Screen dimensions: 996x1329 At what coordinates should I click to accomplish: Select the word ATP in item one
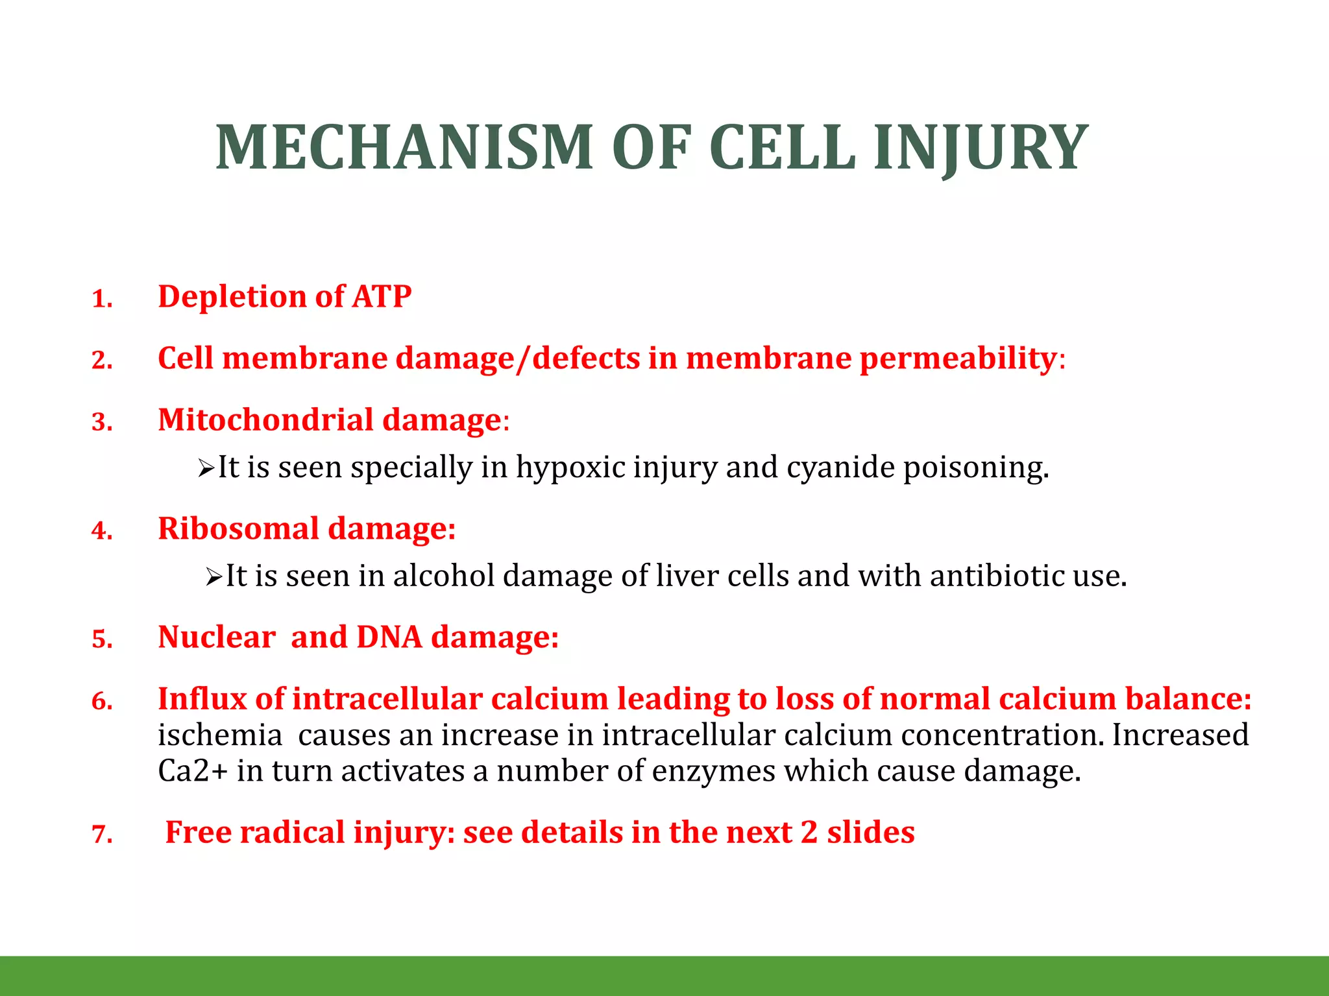[x=382, y=296]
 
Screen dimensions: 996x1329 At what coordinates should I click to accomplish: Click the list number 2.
[x=102, y=361]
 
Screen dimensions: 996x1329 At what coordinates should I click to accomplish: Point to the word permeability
[x=958, y=359]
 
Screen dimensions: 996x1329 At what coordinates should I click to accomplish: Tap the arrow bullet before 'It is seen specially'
[x=206, y=468]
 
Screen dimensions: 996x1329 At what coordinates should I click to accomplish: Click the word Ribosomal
[x=238, y=528]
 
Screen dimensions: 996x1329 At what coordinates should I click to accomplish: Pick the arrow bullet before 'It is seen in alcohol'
[x=213, y=576]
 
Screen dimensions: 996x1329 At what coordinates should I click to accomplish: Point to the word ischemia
[x=220, y=735]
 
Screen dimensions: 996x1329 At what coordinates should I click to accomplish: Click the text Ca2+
[x=193, y=771]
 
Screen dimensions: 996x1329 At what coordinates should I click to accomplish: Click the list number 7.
[x=102, y=835]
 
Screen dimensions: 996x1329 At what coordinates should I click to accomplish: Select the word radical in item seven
[x=291, y=833]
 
